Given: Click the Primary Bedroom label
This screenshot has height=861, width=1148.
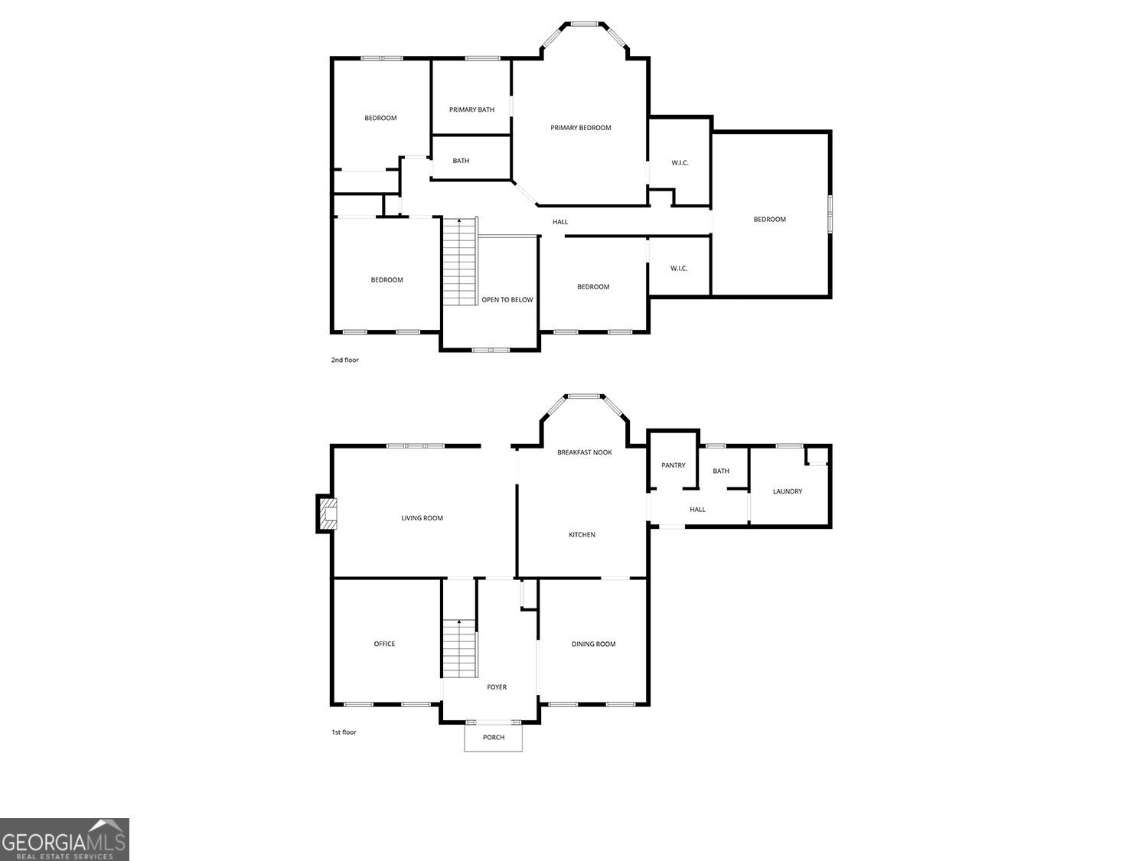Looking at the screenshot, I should pyautogui.click(x=581, y=128).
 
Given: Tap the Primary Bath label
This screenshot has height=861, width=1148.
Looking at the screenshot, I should pyautogui.click(x=471, y=109).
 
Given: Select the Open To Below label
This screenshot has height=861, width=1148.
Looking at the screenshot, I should pyautogui.click(x=507, y=300).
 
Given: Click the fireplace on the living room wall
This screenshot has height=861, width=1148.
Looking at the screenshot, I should pyautogui.click(x=327, y=514).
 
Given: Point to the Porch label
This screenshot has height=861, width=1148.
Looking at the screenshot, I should pyautogui.click(x=494, y=738).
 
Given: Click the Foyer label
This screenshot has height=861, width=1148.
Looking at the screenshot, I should pyautogui.click(x=497, y=687).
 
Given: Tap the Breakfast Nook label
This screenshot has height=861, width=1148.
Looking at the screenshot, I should pyautogui.click(x=584, y=452).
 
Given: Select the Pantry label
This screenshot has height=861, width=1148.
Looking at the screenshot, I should pyautogui.click(x=673, y=465).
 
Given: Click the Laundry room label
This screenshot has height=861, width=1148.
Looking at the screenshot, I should pyautogui.click(x=788, y=491).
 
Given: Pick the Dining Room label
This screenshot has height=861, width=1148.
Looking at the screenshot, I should pyautogui.click(x=593, y=644).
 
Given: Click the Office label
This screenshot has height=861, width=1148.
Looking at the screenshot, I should pyautogui.click(x=384, y=644).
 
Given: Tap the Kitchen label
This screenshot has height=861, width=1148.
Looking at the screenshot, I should pyautogui.click(x=582, y=535).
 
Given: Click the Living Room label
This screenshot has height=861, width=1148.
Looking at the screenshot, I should pyautogui.click(x=422, y=518).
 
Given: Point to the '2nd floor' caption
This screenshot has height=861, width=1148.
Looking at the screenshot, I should pyautogui.click(x=344, y=360).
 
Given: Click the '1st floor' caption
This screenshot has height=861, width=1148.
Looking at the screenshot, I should pyautogui.click(x=344, y=732).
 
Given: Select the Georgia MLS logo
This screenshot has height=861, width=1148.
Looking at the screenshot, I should pyautogui.click(x=64, y=839).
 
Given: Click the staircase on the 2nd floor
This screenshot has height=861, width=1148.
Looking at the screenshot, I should pyautogui.click(x=460, y=262).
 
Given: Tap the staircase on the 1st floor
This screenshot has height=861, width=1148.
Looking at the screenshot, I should pyautogui.click(x=459, y=648).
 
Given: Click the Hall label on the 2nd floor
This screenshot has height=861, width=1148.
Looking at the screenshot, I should pyautogui.click(x=560, y=222).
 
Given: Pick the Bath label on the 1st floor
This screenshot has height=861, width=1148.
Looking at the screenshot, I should pyautogui.click(x=721, y=471).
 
